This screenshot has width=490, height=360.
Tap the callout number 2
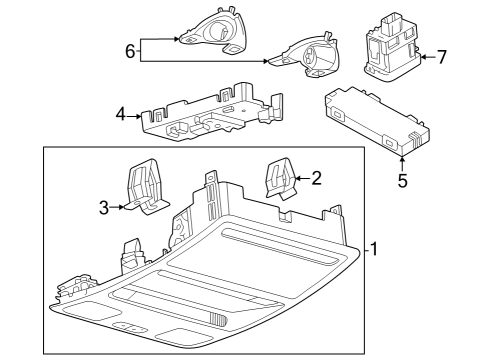tap(317, 179)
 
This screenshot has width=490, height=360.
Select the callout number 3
tap(103, 208)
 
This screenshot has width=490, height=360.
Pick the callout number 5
tap(403, 183)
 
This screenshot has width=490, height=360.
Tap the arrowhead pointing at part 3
tap(122, 208)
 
